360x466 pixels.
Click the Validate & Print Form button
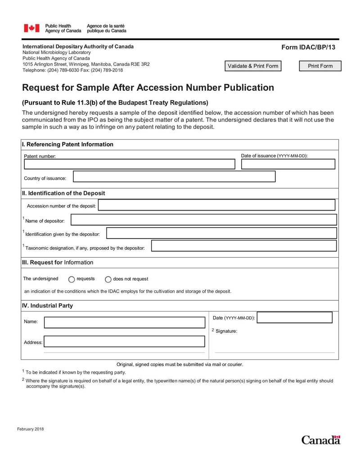click(253, 66)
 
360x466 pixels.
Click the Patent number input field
click(129, 164)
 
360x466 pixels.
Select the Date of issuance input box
click(288, 164)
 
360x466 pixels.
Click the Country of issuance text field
click(174, 176)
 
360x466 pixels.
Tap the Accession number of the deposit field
click(216, 205)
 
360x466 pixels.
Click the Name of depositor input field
click(204, 220)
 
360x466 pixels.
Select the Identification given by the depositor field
click(221, 233)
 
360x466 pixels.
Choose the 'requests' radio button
click(72, 279)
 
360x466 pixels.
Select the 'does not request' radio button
click(108, 279)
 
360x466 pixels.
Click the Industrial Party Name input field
click(124, 322)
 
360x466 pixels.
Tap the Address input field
click(124, 342)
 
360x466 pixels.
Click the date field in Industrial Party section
click(295, 318)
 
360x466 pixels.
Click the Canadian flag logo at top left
click(31, 28)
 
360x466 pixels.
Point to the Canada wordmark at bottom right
click(321, 440)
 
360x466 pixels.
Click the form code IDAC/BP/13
click(308, 47)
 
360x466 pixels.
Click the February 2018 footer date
click(31, 429)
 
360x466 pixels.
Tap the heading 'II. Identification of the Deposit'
click(63, 193)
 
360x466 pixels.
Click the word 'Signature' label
click(226, 331)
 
